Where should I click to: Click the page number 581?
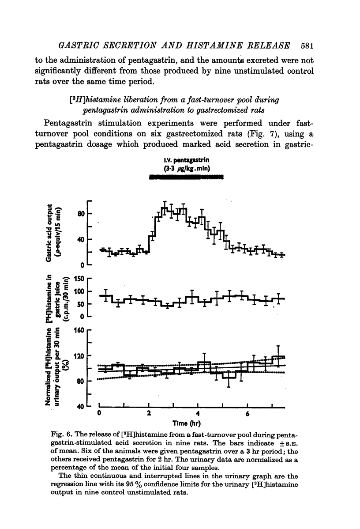coord(306,45)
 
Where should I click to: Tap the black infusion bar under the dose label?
coord(186,177)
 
